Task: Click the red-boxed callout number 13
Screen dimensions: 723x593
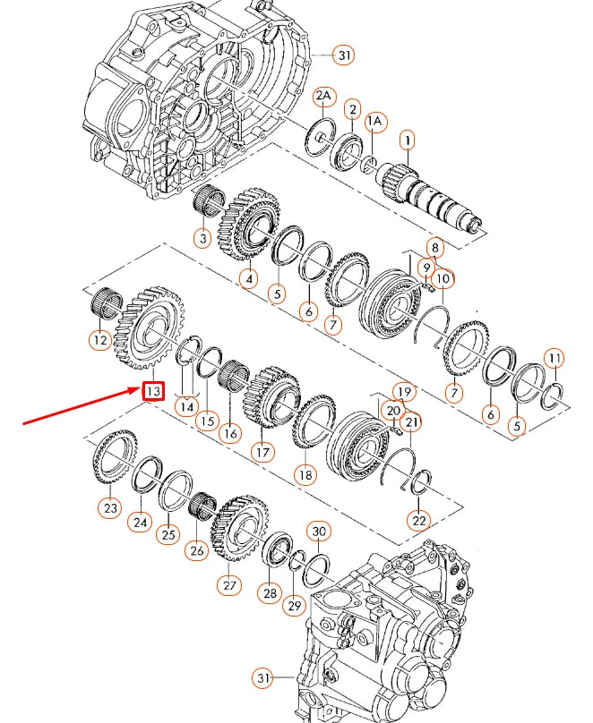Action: coord(153,391)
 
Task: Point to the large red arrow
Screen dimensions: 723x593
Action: coord(81,407)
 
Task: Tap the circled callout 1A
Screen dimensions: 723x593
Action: coord(374,120)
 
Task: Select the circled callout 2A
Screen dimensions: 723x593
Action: coord(324,96)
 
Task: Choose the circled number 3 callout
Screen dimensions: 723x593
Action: coord(203,238)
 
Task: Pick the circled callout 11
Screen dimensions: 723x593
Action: coord(554,359)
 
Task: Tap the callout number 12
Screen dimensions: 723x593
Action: coord(99,339)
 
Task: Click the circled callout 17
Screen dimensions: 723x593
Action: coord(263,452)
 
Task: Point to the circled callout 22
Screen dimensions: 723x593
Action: coord(418,520)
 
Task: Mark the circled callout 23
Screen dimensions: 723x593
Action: coord(109,508)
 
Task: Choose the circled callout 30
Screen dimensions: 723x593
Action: coord(319,532)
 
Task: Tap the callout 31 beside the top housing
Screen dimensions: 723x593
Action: coord(343,55)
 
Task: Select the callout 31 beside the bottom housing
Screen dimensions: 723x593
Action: coord(262,679)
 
